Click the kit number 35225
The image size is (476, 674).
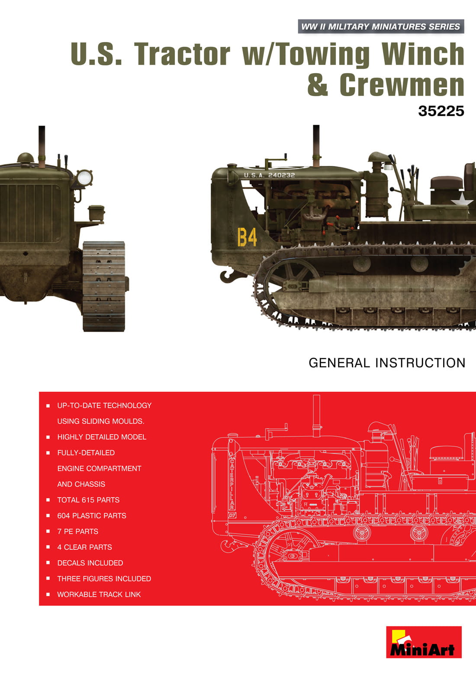[441, 111]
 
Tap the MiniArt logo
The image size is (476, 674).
[424, 646]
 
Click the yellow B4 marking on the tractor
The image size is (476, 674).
[248, 237]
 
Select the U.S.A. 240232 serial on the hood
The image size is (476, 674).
[269, 175]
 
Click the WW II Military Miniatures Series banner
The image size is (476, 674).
[381, 26]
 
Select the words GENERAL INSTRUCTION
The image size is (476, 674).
[387, 363]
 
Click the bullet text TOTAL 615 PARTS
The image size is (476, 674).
[88, 500]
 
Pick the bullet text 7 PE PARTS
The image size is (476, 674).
[77, 531]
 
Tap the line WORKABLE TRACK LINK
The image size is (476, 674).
[99, 594]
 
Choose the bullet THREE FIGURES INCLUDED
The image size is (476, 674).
[104, 579]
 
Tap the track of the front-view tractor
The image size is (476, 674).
[104, 286]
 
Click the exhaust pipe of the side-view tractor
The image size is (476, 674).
[316, 146]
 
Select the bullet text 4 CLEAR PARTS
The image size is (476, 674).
[84, 547]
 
